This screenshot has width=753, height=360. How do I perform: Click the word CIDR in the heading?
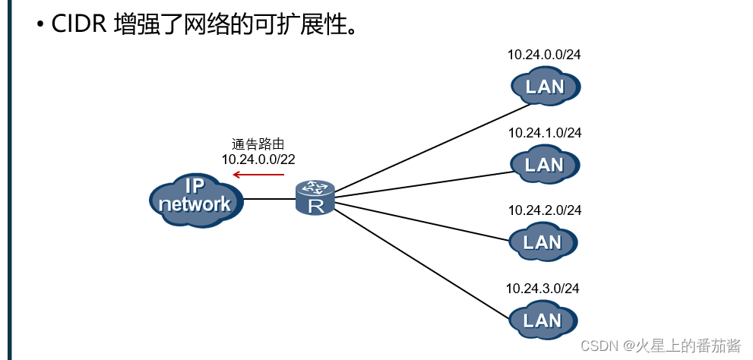point(79,24)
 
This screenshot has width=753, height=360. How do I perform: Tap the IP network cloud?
point(195,198)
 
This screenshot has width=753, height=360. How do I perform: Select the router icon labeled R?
point(315,197)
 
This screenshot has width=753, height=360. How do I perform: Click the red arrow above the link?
point(258,175)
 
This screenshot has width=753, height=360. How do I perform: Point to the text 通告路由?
point(258,144)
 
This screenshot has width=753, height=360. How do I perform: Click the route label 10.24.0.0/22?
point(258,159)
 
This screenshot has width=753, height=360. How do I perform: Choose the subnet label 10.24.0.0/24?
point(544,55)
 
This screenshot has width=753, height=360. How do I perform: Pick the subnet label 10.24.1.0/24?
point(544,133)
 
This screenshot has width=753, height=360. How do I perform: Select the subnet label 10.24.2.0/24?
point(544,210)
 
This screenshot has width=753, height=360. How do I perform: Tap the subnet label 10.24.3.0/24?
point(543,289)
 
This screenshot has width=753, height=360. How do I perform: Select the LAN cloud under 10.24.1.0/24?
point(544,164)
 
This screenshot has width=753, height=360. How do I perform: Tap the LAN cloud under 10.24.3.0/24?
point(543,320)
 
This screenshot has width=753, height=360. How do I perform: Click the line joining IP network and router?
point(269,199)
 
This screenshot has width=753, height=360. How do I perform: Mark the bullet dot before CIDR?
point(40,25)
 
